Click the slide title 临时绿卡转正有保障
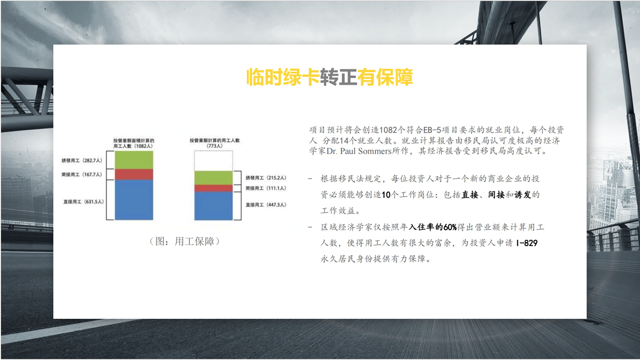(329, 77)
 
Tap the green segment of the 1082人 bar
(134, 160)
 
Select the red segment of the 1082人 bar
(134, 174)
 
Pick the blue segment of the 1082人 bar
(134, 200)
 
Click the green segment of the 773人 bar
(213, 177)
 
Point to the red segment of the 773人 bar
(213, 188)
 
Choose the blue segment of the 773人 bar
(213, 206)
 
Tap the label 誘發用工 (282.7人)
(82, 160)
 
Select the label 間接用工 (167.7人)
(82, 174)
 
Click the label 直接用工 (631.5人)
(83, 202)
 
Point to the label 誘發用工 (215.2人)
(266, 177)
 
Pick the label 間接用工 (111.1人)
(266, 188)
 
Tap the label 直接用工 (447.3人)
(266, 204)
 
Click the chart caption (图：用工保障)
(185, 241)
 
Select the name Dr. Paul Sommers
(359, 151)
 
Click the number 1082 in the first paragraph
(388, 130)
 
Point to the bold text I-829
(527, 243)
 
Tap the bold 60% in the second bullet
(450, 227)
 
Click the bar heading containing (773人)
(215, 143)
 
